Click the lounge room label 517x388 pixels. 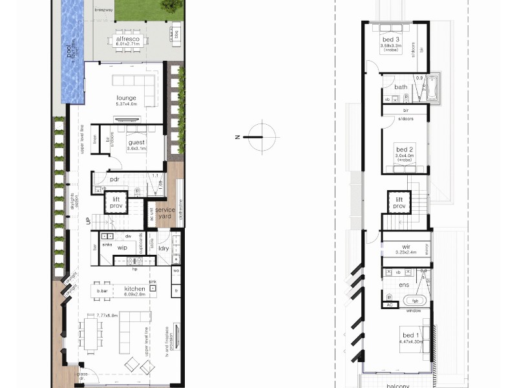[126, 98]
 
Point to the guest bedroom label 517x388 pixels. [136, 142]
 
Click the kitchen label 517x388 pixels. [134, 289]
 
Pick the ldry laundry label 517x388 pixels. [164, 248]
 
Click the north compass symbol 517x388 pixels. [260, 136]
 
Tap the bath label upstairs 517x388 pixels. [401, 87]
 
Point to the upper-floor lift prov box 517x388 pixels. [399, 202]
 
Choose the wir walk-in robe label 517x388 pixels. [406, 246]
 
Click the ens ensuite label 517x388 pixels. [404, 285]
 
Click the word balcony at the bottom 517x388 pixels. [397, 385]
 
